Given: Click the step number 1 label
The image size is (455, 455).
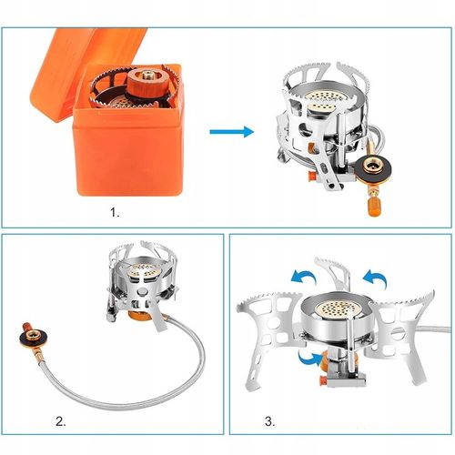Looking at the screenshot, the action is [115, 212].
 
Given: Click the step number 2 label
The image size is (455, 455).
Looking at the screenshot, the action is [61, 421].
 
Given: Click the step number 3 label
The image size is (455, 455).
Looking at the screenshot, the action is [270, 421].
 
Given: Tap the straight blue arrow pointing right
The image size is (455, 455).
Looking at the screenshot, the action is [232, 132].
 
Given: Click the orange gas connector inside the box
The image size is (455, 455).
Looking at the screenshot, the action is [146, 85].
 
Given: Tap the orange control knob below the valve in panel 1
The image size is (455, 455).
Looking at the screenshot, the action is [373, 207].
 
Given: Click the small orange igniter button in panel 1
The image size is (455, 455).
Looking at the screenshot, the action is [311, 176].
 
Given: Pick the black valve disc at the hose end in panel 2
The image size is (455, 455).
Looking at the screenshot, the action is [32, 337].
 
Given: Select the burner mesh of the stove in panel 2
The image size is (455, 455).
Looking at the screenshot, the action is [143, 270].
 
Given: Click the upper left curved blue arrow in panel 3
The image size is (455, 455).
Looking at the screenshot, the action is [303, 277].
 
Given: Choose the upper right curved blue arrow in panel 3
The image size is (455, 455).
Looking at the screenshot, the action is [376, 277].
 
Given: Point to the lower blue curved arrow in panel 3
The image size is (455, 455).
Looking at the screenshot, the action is [310, 358].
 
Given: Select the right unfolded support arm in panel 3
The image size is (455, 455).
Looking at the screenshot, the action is [400, 334].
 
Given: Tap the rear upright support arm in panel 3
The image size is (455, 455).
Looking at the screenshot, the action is [334, 273].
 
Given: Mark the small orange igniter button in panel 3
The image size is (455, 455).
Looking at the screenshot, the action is [323, 380].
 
